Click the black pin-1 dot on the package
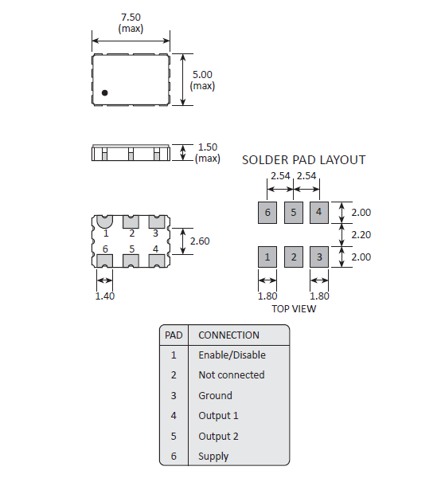(x=104, y=92)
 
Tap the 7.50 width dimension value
(x=131, y=17)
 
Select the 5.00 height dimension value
(x=202, y=74)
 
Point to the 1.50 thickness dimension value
(x=208, y=147)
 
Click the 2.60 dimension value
(x=200, y=241)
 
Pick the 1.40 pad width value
(x=104, y=296)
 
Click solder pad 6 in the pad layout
(x=267, y=212)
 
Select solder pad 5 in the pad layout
(x=294, y=212)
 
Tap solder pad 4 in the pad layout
(x=319, y=212)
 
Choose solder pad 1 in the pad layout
(x=267, y=257)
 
